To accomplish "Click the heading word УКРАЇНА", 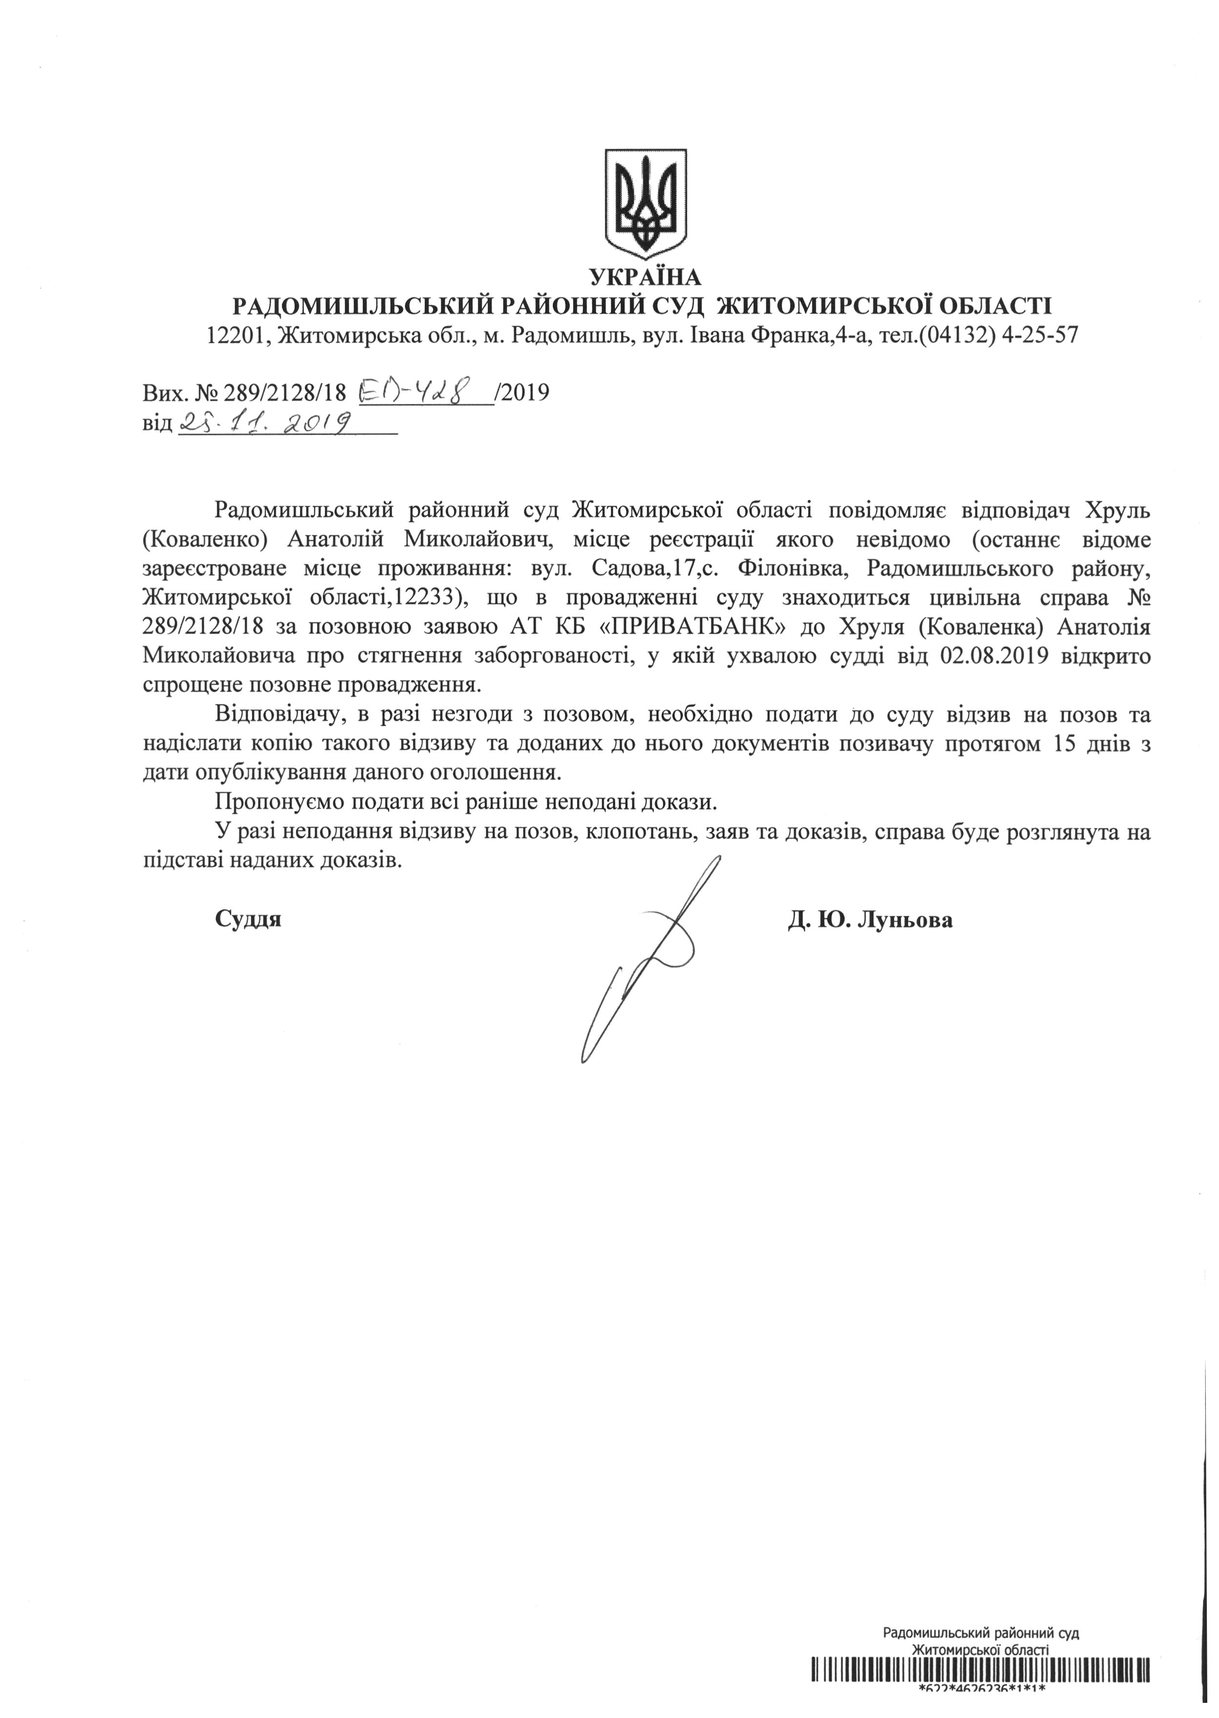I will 645,278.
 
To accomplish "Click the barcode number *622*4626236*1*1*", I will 981,1711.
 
